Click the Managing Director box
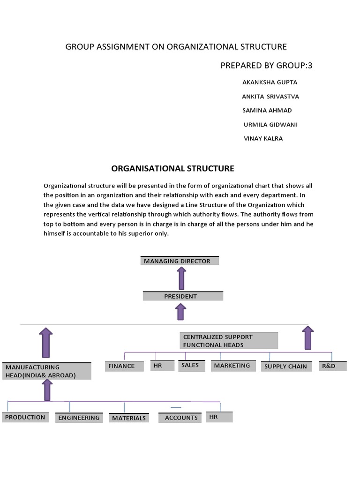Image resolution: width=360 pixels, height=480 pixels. (x=180, y=261)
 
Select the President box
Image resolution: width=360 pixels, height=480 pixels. (x=183, y=296)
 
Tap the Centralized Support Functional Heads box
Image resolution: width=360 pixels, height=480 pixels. (x=229, y=341)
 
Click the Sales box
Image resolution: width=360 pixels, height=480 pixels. (x=191, y=366)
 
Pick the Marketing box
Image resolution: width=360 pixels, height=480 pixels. (x=232, y=366)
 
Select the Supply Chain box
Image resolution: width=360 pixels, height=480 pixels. (x=286, y=367)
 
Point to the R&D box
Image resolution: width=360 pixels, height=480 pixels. (x=332, y=366)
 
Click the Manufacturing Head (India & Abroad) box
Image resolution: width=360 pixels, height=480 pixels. (x=46, y=371)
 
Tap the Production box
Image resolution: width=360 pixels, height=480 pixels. (x=25, y=417)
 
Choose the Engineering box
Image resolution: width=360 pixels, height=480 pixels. (x=79, y=418)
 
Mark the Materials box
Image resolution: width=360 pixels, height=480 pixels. (x=129, y=418)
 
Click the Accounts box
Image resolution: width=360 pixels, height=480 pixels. (x=180, y=418)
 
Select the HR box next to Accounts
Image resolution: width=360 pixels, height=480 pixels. (x=219, y=417)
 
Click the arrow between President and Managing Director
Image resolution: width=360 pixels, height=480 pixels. (x=181, y=278)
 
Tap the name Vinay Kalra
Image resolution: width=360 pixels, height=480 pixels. (x=263, y=139)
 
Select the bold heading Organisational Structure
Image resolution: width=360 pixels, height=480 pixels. (x=172, y=168)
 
